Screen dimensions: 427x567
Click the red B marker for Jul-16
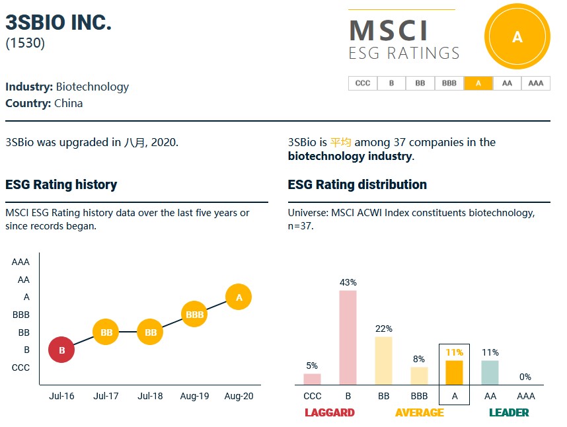tap(61, 350)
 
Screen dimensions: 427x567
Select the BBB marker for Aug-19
tap(195, 315)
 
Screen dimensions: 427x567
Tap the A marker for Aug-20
tap(239, 297)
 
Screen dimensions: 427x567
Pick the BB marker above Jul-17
tap(106, 332)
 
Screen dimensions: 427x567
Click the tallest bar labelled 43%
tap(348, 337)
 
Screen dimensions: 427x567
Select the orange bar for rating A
tap(454, 372)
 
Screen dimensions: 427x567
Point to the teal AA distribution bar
tap(490, 372)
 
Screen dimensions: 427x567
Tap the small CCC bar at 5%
tap(312, 379)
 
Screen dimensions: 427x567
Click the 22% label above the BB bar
tap(384, 329)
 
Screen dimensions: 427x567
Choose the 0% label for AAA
tap(525, 377)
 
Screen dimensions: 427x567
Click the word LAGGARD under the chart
tap(330, 412)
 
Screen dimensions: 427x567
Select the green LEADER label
tap(509, 412)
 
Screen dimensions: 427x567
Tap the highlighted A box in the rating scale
tap(478, 83)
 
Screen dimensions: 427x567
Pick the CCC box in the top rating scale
tap(362, 83)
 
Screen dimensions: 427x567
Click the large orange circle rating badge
tap(517, 38)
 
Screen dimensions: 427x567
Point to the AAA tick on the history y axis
tap(20, 262)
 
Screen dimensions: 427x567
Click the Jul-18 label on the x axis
tap(150, 396)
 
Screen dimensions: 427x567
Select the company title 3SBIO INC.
tap(59, 22)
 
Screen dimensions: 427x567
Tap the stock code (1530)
tap(25, 44)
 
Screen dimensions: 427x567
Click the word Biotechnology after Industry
tap(93, 87)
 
